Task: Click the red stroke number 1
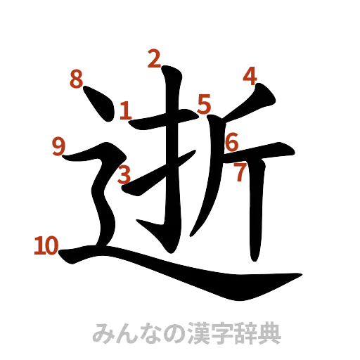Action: tap(126, 110)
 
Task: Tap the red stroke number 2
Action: tap(154, 60)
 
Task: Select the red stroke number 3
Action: tap(124, 174)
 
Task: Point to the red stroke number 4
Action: tap(249, 77)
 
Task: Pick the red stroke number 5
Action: tap(205, 105)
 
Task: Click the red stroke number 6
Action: tap(232, 143)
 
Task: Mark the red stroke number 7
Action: tap(240, 172)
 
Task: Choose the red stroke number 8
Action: tap(76, 79)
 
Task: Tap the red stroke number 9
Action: tap(59, 146)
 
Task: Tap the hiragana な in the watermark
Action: tap(146, 332)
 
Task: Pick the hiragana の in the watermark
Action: tap(169, 332)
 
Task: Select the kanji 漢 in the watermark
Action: tap(192, 332)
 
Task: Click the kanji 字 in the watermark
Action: tap(214, 332)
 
